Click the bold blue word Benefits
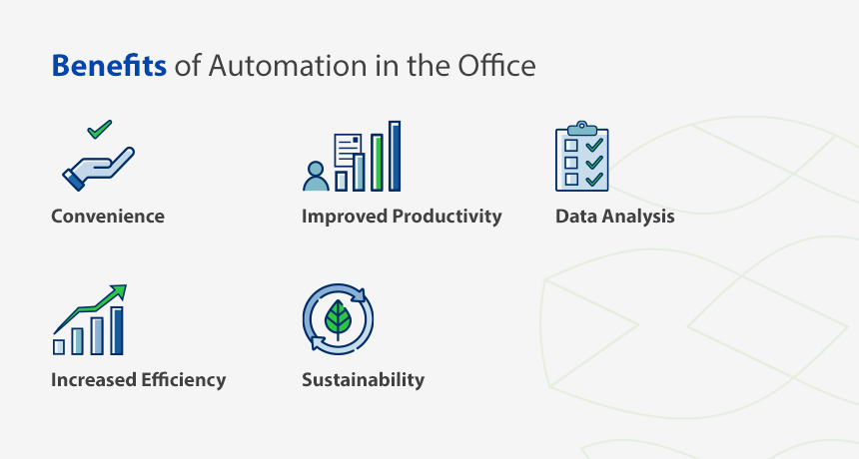pos(109,66)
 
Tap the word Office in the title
pos(496,66)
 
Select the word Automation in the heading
pos(288,66)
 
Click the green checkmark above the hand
pos(100,129)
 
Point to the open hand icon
pos(99,169)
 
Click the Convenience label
pos(108,217)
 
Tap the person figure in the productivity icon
pos(316,177)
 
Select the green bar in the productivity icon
pos(377,163)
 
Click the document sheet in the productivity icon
pos(348,148)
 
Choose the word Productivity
pos(447,217)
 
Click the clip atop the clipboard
pos(581,129)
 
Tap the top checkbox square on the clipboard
pos(571,145)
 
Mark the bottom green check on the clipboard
pos(594,179)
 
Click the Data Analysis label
pos(615,217)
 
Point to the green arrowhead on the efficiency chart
pos(118,292)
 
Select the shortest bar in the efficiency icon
pos(59,347)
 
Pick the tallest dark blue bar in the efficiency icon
pos(117,330)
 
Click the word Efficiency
pos(183,380)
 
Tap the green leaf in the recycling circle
pos(338,319)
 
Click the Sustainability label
pos(364,380)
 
